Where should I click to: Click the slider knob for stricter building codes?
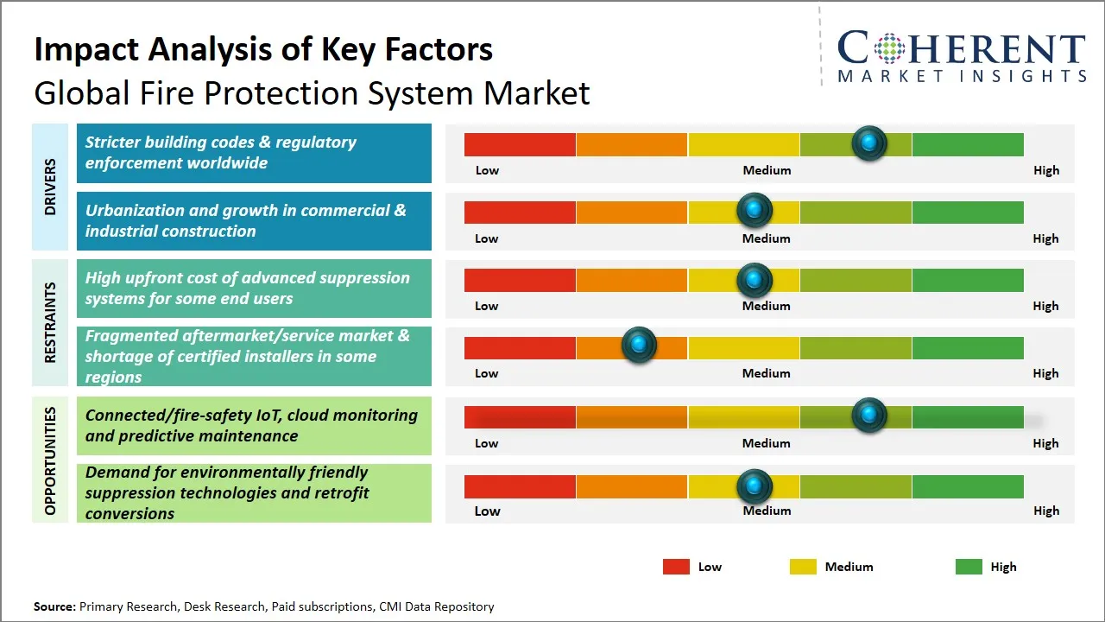tap(869, 143)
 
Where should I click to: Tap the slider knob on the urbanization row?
tap(755, 210)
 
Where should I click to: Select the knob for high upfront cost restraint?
tap(755, 279)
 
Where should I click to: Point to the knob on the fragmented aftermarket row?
tap(640, 346)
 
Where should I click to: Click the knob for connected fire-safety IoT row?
tap(869, 416)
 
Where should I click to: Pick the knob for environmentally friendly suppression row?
tap(755, 486)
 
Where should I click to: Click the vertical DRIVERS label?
tap(50, 187)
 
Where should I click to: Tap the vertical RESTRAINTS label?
tap(50, 322)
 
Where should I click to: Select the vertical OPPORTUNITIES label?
tap(50, 460)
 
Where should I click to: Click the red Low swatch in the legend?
tap(676, 567)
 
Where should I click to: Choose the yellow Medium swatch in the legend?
tap(803, 567)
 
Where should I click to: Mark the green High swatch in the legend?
tap(969, 567)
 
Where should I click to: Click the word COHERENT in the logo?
tap(962, 49)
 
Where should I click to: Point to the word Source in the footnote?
tap(54, 606)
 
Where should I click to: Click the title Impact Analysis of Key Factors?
tap(263, 49)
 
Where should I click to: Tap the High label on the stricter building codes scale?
tap(1045, 170)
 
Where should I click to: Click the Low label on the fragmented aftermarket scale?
tap(487, 373)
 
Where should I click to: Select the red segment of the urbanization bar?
tap(520, 212)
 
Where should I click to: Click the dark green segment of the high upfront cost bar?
tap(968, 280)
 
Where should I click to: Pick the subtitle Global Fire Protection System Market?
tap(312, 92)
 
